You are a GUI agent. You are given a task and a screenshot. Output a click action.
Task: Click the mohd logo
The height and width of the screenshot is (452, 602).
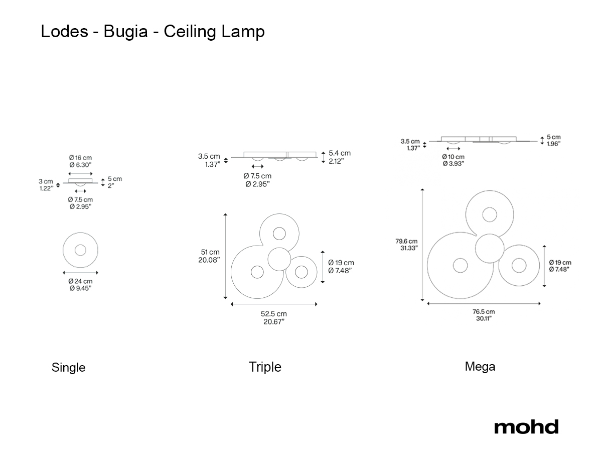click(x=526, y=426)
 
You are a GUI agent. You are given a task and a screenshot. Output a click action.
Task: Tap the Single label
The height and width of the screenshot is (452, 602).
click(x=69, y=368)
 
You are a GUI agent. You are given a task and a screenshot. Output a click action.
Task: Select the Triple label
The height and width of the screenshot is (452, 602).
click(x=265, y=367)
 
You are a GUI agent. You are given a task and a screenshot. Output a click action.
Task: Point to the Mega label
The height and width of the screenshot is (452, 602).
click(x=480, y=367)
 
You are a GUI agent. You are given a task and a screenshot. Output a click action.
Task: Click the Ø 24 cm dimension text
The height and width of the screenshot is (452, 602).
click(x=80, y=281)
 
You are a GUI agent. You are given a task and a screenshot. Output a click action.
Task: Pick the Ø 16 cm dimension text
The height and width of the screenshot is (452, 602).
click(x=80, y=158)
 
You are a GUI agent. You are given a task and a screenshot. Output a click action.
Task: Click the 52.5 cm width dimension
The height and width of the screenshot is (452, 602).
click(x=274, y=314)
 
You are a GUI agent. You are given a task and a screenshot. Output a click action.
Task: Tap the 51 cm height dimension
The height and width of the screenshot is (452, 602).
click(x=210, y=252)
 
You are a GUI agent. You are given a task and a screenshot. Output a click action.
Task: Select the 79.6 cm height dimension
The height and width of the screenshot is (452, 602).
click(x=406, y=241)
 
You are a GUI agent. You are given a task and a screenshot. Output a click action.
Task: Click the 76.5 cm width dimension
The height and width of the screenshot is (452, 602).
click(x=484, y=312)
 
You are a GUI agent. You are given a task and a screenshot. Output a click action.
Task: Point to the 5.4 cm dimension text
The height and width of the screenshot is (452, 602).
click(x=340, y=153)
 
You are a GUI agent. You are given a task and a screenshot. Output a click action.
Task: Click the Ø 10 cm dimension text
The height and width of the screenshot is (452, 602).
click(x=453, y=157)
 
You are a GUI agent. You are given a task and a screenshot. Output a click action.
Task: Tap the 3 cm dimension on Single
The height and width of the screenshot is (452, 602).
click(x=46, y=181)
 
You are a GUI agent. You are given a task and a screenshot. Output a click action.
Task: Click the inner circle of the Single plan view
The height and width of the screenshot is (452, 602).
click(x=80, y=250)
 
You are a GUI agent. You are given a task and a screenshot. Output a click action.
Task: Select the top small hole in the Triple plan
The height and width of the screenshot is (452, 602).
click(x=279, y=234)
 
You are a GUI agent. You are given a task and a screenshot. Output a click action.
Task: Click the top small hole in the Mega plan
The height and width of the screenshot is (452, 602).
click(x=490, y=214)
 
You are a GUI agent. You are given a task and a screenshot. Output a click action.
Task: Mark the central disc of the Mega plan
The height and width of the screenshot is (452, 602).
click(x=490, y=249)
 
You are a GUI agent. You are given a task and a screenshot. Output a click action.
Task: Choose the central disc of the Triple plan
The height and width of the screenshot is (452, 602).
click(x=279, y=259)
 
